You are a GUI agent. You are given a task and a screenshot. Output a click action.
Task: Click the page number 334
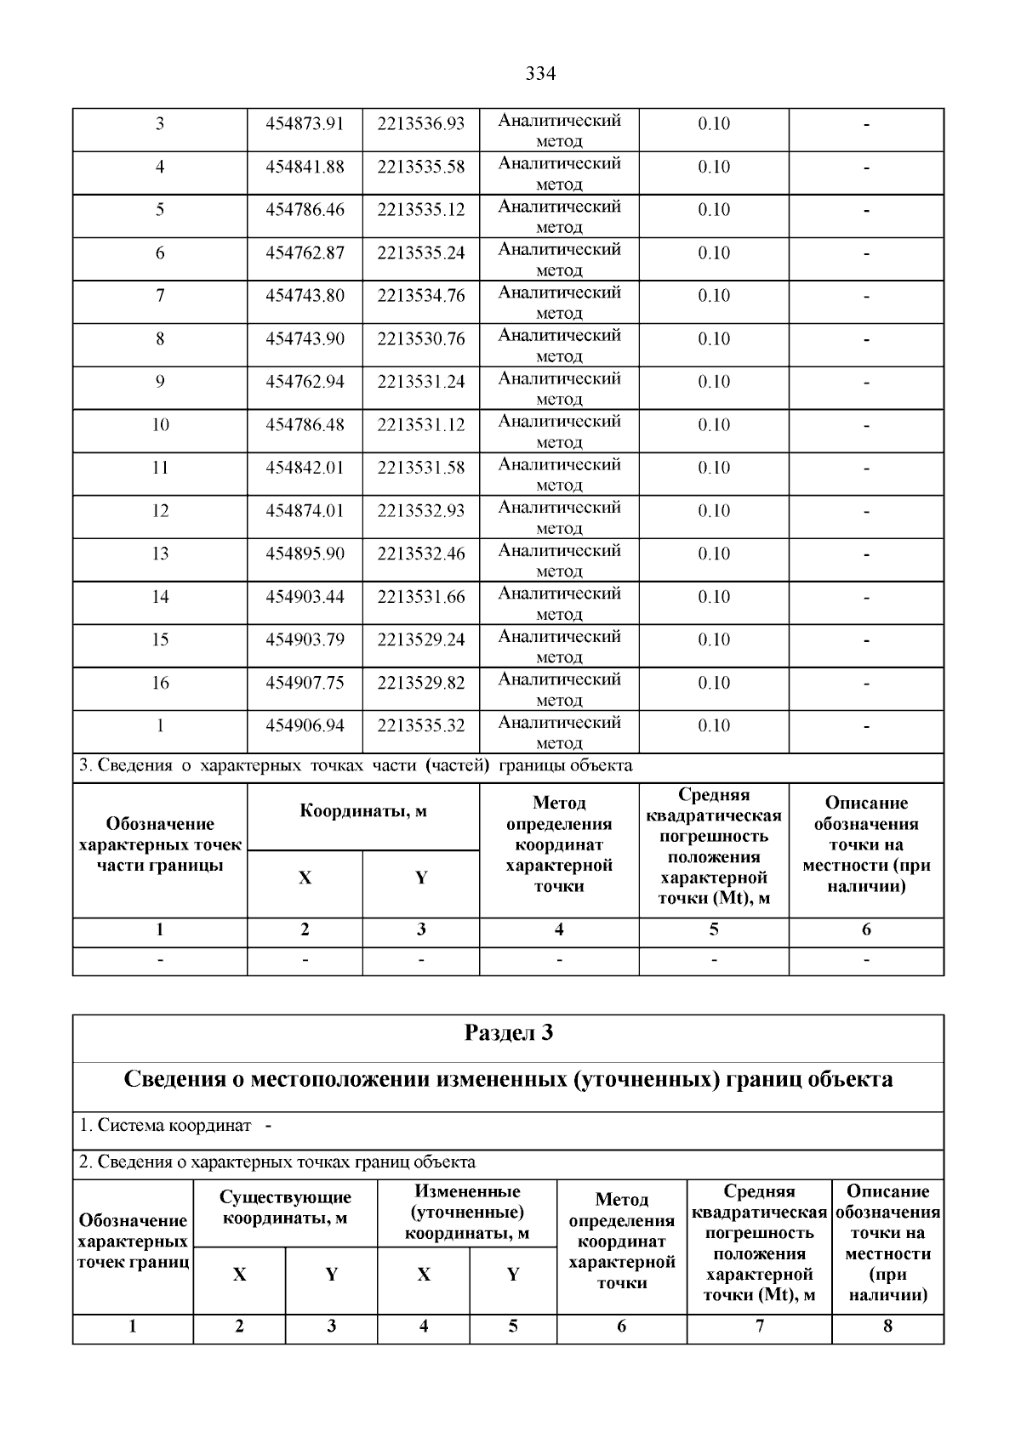539,74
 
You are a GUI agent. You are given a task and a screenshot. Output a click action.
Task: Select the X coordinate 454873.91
305,124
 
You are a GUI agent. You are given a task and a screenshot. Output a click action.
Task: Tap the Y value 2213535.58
421,168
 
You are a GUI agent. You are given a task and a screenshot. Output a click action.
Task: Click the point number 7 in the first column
160,296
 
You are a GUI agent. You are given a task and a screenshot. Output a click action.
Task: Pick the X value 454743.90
305,339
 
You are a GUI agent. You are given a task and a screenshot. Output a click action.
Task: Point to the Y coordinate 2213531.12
421,425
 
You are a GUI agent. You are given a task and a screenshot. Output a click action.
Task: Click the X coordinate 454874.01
305,511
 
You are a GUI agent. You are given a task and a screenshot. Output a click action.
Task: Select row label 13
160,554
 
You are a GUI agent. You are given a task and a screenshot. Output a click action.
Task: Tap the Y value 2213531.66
421,597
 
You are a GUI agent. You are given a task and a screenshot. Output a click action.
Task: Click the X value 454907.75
305,683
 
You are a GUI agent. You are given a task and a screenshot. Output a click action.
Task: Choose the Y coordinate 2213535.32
421,726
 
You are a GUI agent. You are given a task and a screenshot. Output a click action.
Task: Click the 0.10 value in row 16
714,683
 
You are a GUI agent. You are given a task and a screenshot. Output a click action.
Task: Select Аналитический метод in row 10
559,431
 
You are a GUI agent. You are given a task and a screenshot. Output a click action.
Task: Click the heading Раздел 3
508,1033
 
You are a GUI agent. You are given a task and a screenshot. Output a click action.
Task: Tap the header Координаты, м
363,811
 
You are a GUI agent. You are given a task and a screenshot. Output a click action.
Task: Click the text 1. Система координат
166,1126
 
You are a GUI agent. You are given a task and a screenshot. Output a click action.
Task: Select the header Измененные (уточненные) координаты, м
467,1212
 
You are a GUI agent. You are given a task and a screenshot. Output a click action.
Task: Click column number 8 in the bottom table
887,1327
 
